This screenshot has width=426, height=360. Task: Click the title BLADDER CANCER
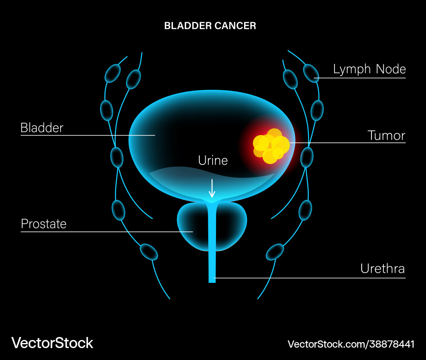click(210, 26)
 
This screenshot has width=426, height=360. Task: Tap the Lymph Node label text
click(369, 69)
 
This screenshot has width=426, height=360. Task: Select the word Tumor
click(386, 135)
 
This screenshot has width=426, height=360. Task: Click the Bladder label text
click(42, 128)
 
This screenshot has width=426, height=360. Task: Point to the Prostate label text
click(43, 224)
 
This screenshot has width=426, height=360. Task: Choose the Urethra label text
click(382, 269)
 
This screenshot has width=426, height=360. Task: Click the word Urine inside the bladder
click(213, 161)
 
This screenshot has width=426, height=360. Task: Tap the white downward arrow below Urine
click(212, 188)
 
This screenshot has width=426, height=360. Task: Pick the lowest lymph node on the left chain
click(149, 252)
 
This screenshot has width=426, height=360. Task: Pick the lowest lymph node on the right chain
click(275, 251)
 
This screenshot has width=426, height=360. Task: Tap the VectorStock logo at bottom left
click(52, 343)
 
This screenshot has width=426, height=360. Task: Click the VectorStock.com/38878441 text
click(351, 344)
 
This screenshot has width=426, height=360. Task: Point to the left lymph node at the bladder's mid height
click(117, 157)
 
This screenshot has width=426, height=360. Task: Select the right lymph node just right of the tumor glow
click(306, 157)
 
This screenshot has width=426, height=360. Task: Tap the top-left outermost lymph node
click(112, 74)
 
